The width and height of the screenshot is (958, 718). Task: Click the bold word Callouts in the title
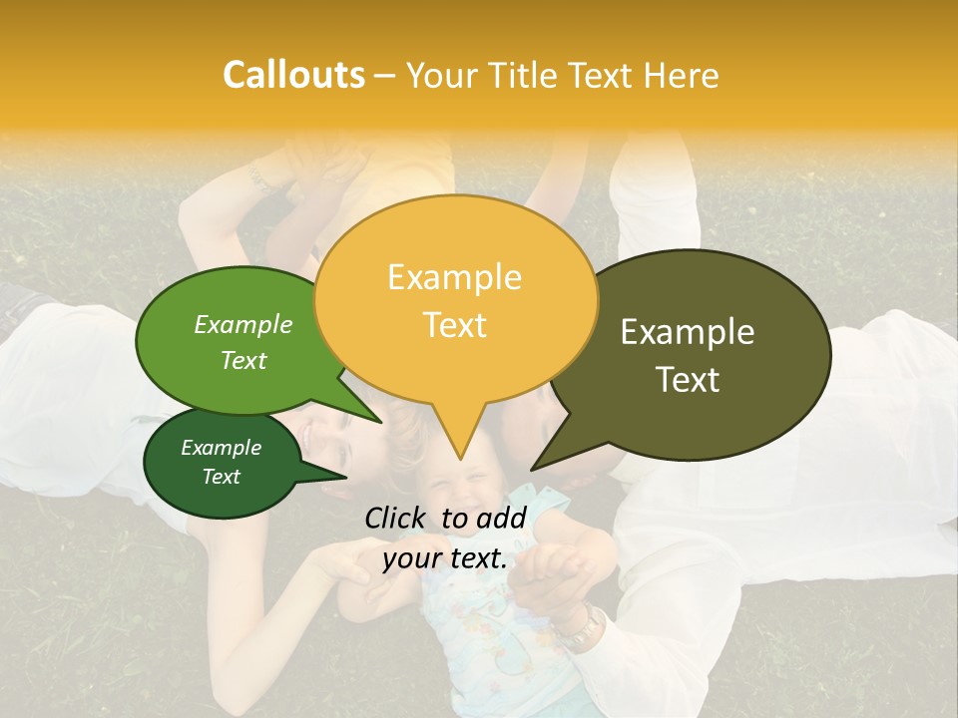click(x=293, y=75)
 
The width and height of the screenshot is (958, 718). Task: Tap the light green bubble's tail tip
click(x=382, y=422)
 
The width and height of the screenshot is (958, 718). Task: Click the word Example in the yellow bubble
click(x=454, y=277)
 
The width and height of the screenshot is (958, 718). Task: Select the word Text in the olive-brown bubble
click(x=689, y=380)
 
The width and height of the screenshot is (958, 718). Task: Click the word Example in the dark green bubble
click(x=221, y=448)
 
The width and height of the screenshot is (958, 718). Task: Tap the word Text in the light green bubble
click(x=243, y=361)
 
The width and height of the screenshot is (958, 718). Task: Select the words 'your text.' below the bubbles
click(x=445, y=558)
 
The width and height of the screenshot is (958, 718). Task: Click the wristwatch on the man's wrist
click(x=581, y=625)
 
